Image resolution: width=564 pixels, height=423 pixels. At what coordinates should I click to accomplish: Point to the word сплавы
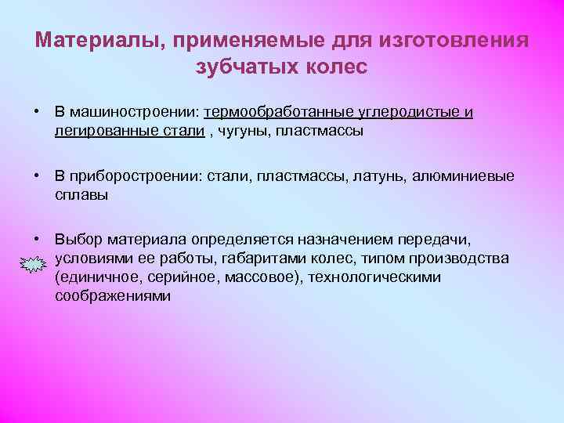(x=81, y=195)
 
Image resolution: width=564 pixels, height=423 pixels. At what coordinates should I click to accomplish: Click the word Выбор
(x=78, y=240)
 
